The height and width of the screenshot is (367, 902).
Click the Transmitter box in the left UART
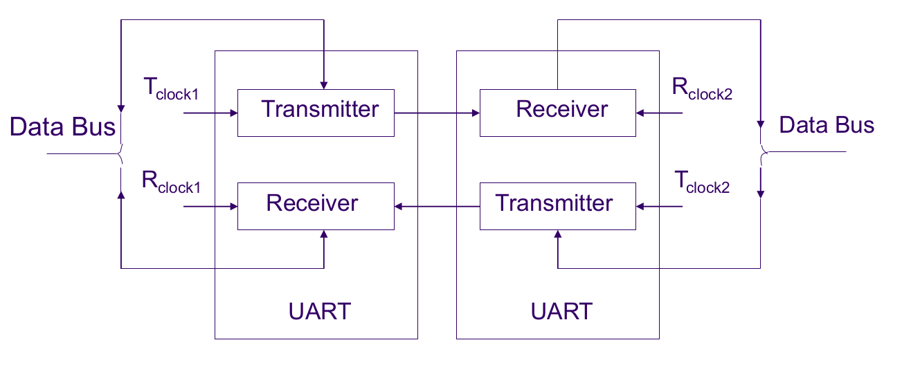(316, 113)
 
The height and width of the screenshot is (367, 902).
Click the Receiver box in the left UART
(316, 206)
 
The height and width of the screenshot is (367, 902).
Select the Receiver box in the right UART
(558, 113)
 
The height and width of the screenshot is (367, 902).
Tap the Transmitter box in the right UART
(558, 206)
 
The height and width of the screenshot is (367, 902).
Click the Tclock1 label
(170, 89)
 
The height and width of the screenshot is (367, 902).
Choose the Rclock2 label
(702, 89)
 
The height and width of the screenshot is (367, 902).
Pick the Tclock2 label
(702, 182)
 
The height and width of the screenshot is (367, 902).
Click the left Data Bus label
(62, 127)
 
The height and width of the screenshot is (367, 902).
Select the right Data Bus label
(827, 126)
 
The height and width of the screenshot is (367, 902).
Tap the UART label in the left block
(319, 312)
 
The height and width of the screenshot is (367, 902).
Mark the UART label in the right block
(561, 312)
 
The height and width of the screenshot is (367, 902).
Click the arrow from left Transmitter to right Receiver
(437, 113)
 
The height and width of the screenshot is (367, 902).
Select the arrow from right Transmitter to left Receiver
(437, 206)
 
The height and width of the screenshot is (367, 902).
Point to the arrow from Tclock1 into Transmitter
(210, 113)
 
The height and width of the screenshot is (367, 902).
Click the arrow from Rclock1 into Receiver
(210, 206)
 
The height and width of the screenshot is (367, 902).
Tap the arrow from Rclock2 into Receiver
(660, 113)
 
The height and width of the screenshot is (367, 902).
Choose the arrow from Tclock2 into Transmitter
(660, 206)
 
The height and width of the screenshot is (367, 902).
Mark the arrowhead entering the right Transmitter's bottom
(557, 235)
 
